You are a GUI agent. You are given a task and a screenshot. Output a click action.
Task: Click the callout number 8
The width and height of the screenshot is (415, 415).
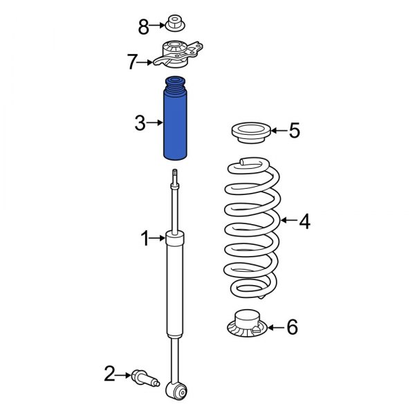pyautogui.click(x=144, y=27)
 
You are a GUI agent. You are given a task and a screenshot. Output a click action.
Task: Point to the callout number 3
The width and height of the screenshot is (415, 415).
pyautogui.click(x=140, y=124)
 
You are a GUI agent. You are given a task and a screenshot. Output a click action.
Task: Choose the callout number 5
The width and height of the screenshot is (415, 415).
pyautogui.click(x=295, y=130)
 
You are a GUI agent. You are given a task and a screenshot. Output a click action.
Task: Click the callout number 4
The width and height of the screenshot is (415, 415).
pyautogui.click(x=304, y=221)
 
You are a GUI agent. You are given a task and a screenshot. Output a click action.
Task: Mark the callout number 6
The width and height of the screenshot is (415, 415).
pyautogui.click(x=292, y=326)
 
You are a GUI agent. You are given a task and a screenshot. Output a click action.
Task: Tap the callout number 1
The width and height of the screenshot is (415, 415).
pyautogui.click(x=145, y=239)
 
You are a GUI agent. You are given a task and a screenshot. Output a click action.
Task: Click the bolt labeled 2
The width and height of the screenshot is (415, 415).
pyautogui.click(x=143, y=377)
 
